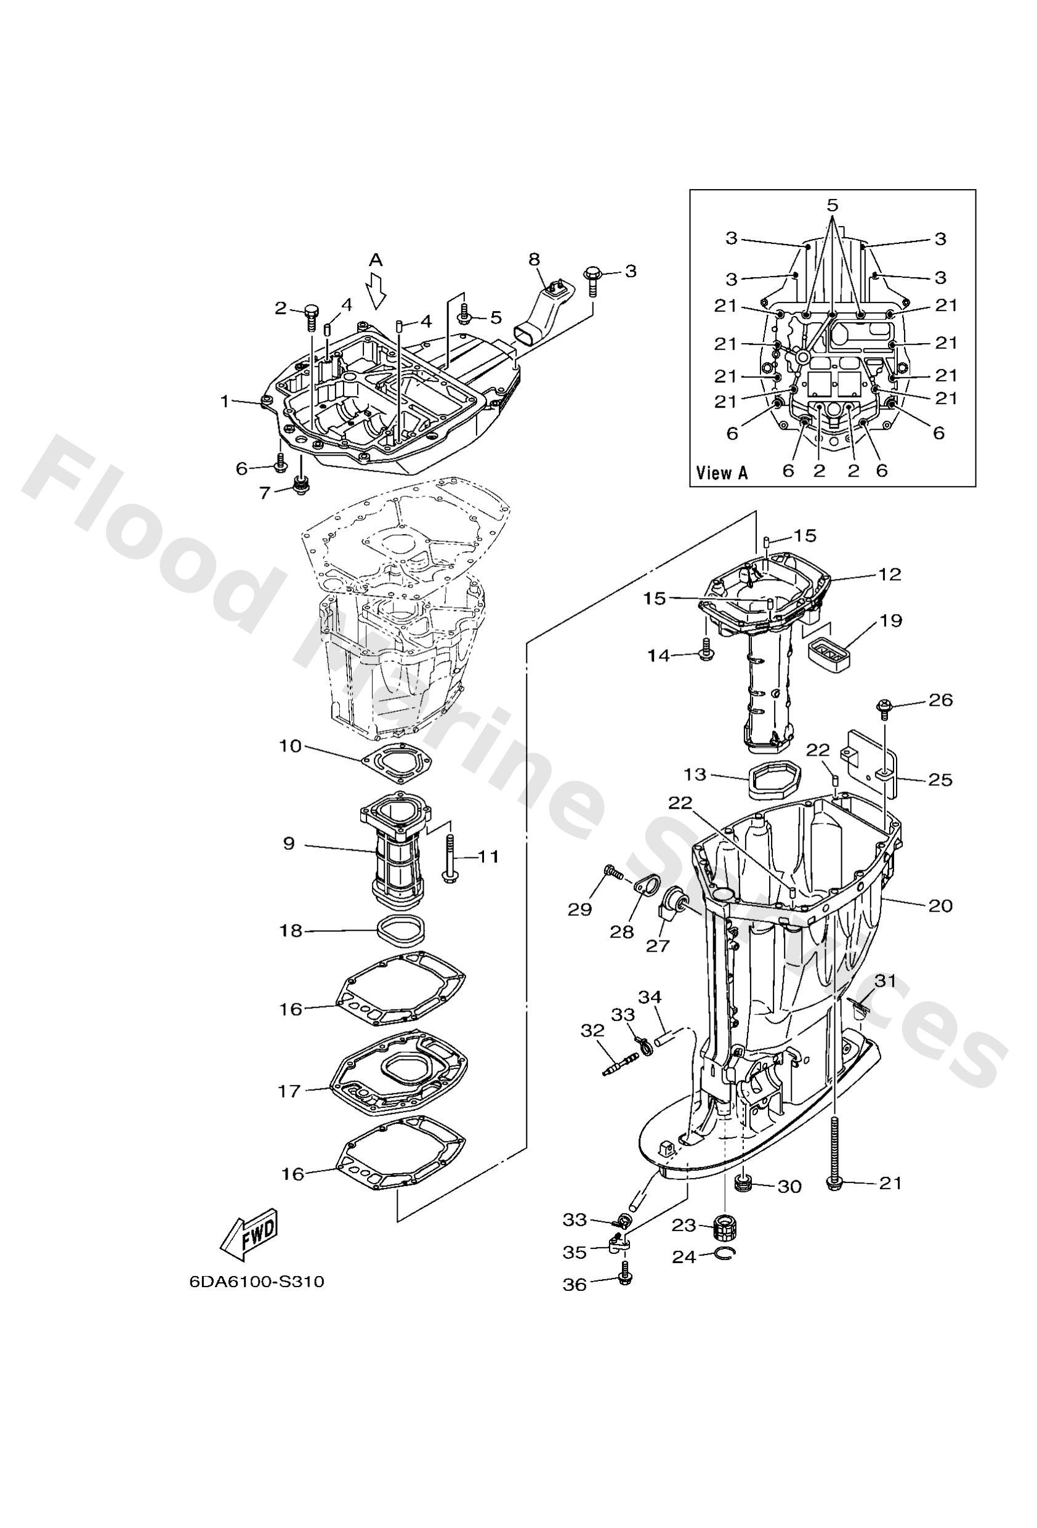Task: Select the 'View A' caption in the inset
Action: coord(721,472)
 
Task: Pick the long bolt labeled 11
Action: coord(451,857)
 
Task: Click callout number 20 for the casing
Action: coord(940,905)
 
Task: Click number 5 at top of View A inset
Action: coord(833,205)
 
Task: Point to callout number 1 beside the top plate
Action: coord(224,400)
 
